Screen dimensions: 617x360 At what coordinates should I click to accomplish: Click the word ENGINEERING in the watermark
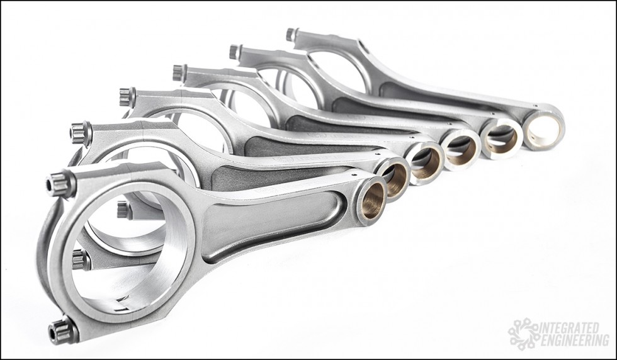pos(575,340)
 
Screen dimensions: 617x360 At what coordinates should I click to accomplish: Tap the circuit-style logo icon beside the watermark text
pos(523,334)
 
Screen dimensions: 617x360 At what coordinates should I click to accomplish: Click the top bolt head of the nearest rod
pos(60,184)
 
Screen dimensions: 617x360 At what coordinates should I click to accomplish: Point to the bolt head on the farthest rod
pos(292,34)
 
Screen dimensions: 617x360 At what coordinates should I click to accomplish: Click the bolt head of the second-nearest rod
pos(81,133)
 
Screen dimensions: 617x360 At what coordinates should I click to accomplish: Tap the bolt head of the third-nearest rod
pos(127,97)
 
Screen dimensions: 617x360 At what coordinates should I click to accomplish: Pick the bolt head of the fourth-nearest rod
pos(179,73)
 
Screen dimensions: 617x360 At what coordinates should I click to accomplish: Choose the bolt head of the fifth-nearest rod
pos(234,52)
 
